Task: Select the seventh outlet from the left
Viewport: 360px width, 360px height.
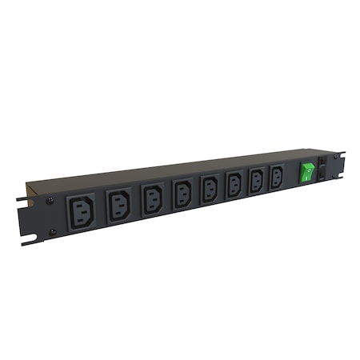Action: pyautogui.click(x=256, y=180)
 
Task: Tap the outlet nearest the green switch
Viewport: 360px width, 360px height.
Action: pyautogui.click(x=277, y=177)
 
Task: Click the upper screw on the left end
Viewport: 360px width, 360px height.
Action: pyautogui.click(x=50, y=200)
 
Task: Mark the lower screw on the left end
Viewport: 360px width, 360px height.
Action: pyautogui.click(x=53, y=232)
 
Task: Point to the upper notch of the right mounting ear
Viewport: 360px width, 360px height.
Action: pyautogui.click(x=342, y=154)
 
